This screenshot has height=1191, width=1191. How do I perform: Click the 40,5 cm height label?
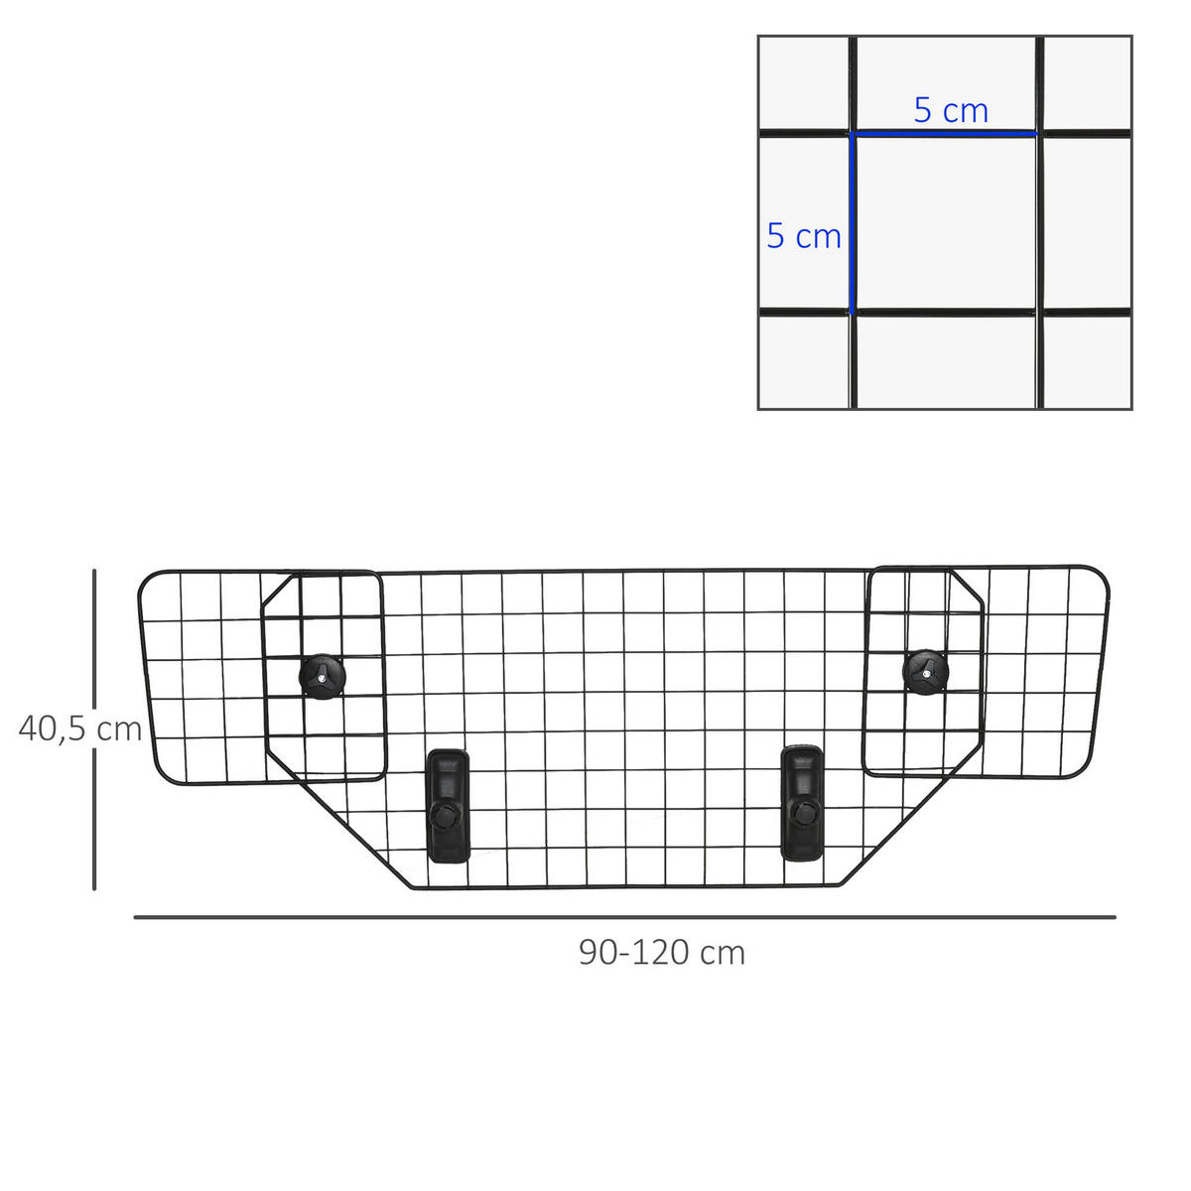(x=80, y=729)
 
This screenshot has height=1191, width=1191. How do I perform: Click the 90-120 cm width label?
(x=662, y=953)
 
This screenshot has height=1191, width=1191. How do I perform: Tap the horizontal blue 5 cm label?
(x=951, y=111)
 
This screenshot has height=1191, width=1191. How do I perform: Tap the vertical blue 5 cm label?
(x=804, y=236)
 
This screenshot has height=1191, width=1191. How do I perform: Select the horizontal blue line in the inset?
(x=944, y=133)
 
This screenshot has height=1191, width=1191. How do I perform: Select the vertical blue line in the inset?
(x=852, y=223)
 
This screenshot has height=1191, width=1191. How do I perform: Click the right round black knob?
(x=925, y=672)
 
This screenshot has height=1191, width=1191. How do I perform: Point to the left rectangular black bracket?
(x=448, y=805)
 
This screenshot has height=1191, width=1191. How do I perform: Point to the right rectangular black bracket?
(x=802, y=802)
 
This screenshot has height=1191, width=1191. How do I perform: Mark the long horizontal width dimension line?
(x=624, y=917)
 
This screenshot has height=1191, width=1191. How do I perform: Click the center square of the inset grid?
(x=945, y=223)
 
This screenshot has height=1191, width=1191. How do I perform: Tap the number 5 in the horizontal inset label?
(x=923, y=111)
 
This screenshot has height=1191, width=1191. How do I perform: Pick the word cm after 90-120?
(x=721, y=953)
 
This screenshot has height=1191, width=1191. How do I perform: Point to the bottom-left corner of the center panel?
(x=411, y=886)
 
